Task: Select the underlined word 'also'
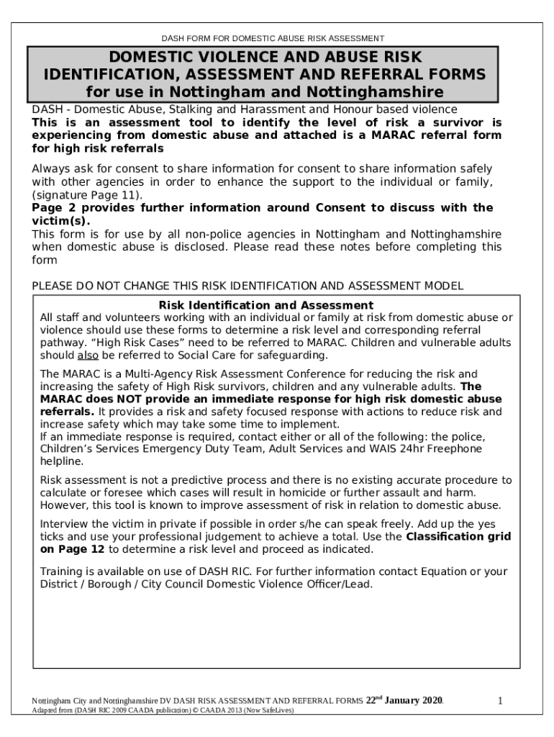[88, 356]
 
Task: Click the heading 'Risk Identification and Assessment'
[265, 305]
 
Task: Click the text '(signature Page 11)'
[87, 195]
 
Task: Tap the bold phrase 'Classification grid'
[458, 536]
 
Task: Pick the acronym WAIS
[386, 448]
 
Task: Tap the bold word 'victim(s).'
[61, 221]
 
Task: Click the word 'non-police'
[233, 235]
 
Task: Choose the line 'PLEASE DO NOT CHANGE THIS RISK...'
[248, 286]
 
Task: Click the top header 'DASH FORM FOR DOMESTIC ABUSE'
[273, 38]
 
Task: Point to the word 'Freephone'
[455, 448]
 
